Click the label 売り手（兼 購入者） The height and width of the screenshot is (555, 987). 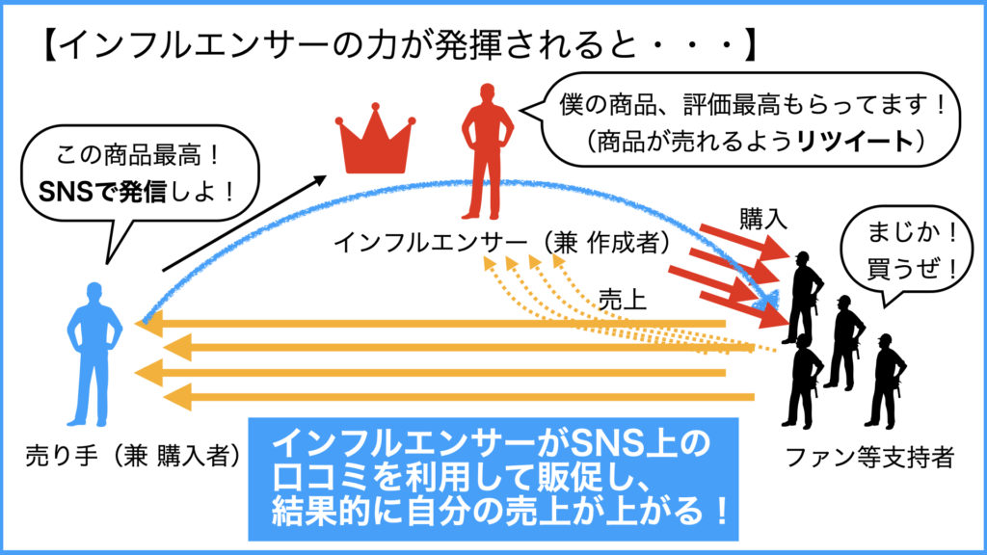click(x=132, y=454)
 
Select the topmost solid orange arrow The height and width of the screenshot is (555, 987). click(x=434, y=324)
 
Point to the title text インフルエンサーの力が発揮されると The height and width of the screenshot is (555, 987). click(x=386, y=45)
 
